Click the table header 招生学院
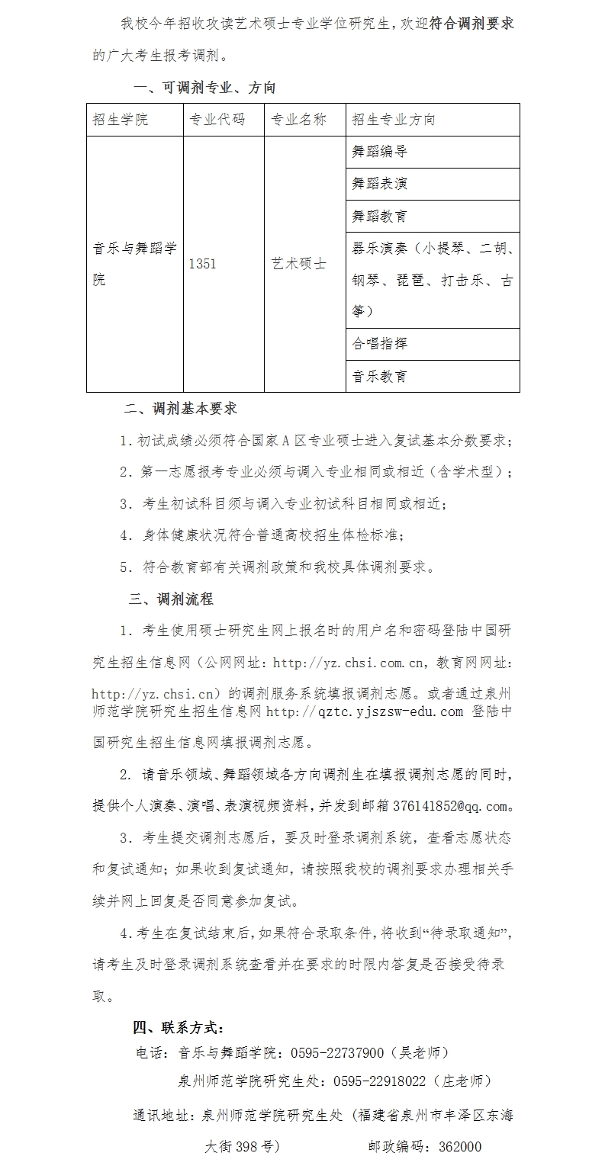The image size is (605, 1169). pos(121,120)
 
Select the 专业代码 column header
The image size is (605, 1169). pos(217,120)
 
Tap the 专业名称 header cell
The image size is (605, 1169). pos(299,120)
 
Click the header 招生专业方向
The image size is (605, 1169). pos(394,120)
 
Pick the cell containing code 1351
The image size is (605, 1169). pos(202,264)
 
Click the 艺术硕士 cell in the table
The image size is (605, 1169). pos(299,264)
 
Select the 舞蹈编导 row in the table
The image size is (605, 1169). pos(380,152)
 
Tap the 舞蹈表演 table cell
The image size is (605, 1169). pos(380,184)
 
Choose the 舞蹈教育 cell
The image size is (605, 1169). pos(380,216)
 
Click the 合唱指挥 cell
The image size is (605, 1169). pos(380,344)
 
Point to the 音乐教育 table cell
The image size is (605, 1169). pos(380,376)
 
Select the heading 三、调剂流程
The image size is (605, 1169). pos(171,599)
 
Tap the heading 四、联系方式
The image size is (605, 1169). pos(179,1027)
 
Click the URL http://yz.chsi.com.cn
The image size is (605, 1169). pos(343,663)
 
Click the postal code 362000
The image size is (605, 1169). pos(457,1146)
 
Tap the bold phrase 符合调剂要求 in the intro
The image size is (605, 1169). pos(471,23)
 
